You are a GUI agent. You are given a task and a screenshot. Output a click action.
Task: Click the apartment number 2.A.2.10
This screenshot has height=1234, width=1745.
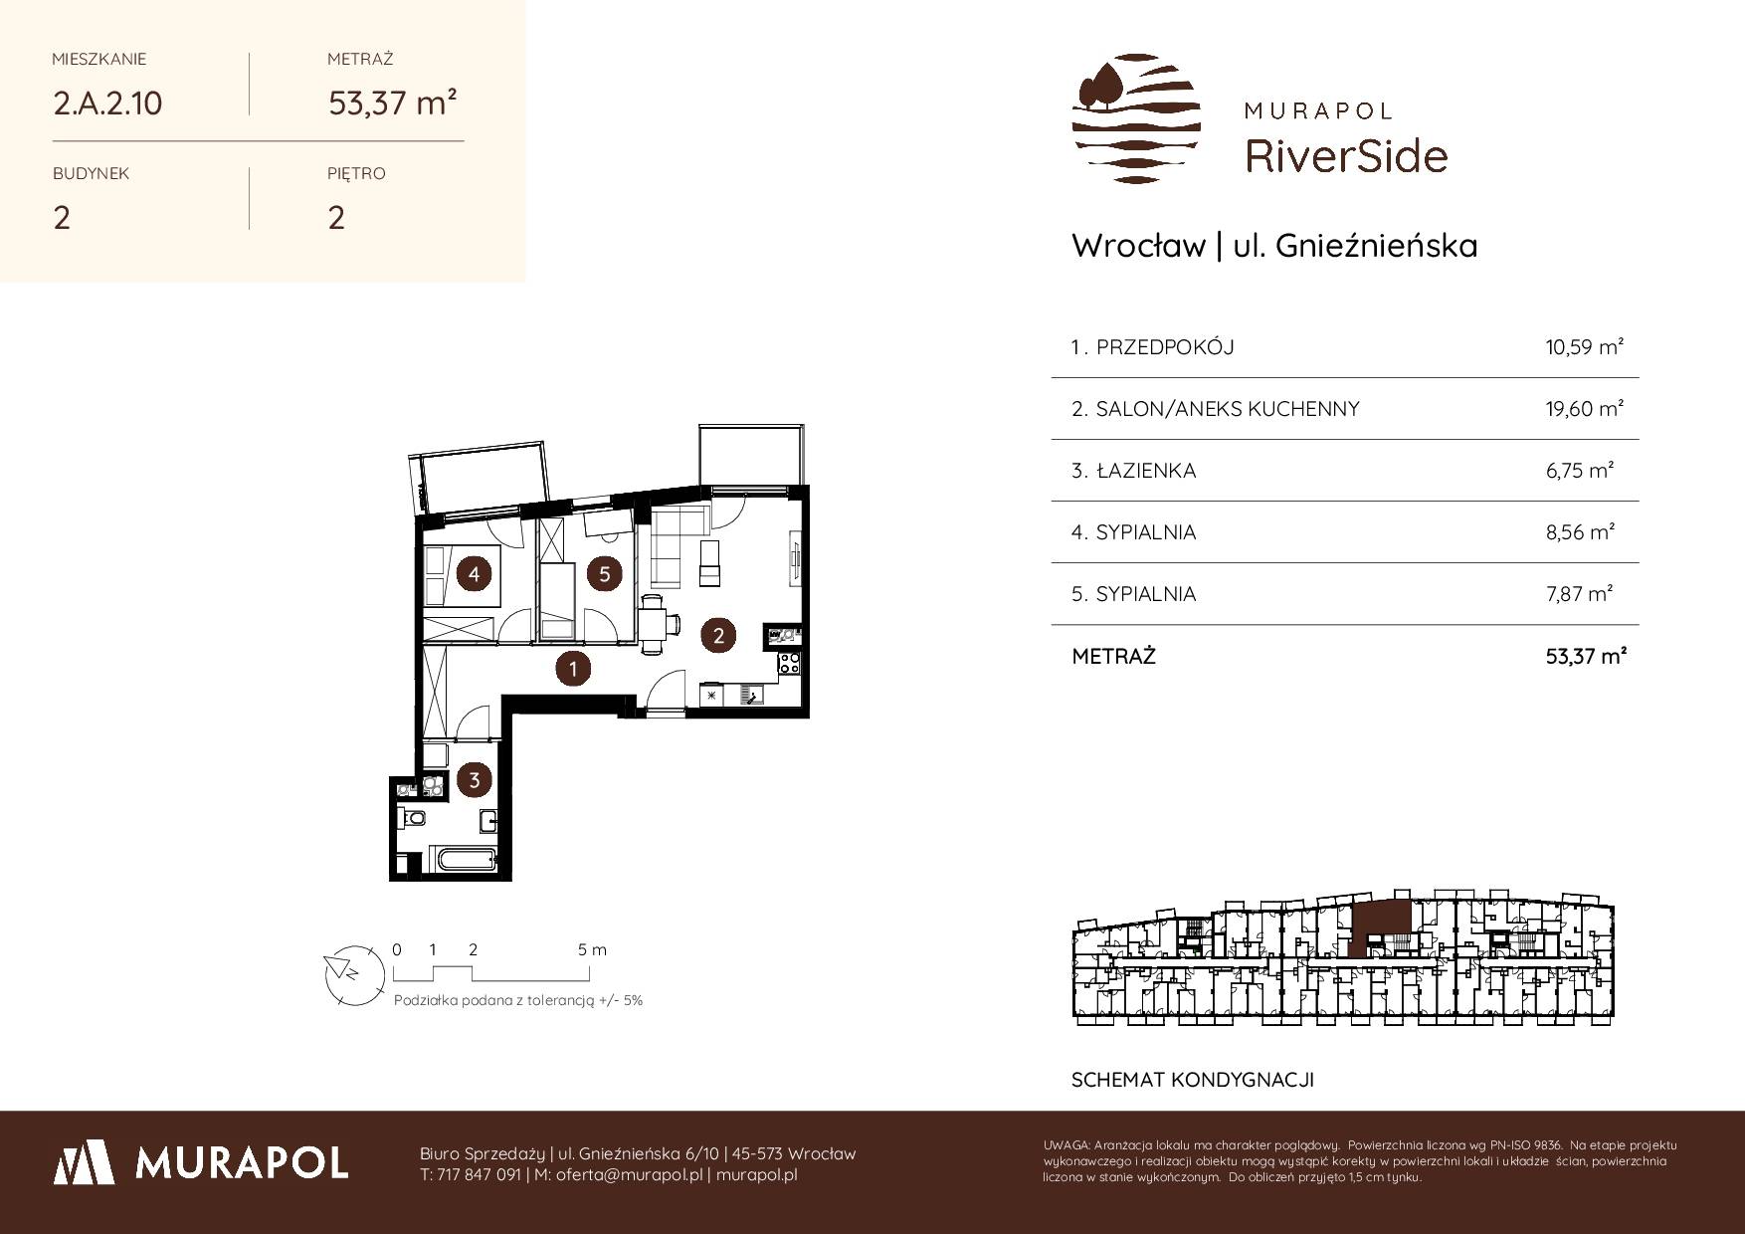pyautogui.click(x=107, y=103)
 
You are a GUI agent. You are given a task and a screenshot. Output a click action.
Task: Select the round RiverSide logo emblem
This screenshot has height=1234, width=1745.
pyautogui.click(x=1136, y=118)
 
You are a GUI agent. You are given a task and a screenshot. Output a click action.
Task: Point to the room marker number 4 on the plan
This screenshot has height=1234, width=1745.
pyautogui.click(x=475, y=574)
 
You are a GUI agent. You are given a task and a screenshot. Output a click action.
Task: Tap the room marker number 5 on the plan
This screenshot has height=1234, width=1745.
pyautogui.click(x=604, y=573)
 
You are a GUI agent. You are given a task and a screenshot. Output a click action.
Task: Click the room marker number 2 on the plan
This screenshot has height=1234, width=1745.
pyautogui.click(x=718, y=635)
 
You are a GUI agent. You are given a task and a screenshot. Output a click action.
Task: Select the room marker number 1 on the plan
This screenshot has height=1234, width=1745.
pyautogui.click(x=573, y=670)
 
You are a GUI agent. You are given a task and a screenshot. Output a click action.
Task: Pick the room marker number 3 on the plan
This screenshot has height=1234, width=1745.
pyautogui.click(x=475, y=780)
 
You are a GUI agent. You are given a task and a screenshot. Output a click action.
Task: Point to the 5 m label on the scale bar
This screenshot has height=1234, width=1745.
pyautogui.click(x=592, y=949)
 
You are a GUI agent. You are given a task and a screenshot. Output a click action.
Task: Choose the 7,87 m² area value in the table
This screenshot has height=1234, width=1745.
pyautogui.click(x=1580, y=594)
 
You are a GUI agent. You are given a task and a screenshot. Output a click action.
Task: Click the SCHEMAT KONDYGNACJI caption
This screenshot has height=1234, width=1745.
pyautogui.click(x=1193, y=1080)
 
